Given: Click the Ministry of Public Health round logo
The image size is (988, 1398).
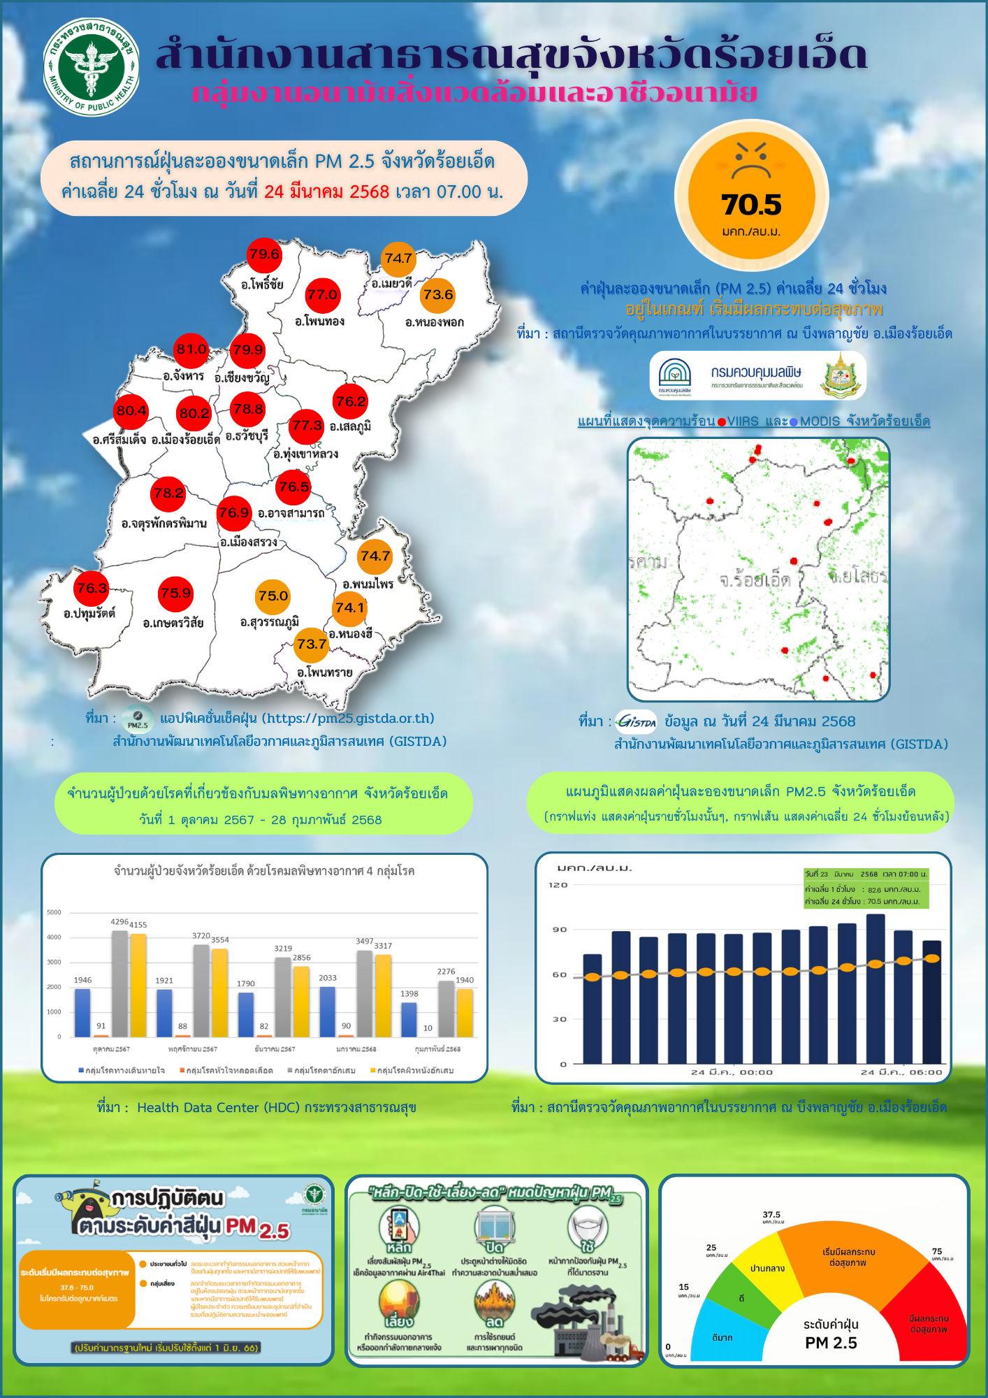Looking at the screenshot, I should pos(90,67).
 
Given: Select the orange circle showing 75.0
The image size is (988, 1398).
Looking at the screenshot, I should pos(273,597).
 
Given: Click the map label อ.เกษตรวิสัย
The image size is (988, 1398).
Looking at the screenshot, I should pos(173,623).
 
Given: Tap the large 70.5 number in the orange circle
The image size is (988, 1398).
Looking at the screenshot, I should pos(751,205).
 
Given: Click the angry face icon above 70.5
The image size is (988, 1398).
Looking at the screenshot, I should pos(751,159).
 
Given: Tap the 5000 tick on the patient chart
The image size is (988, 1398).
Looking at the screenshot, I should pos(55,912).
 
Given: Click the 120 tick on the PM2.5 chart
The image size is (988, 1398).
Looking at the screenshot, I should pos(558,885).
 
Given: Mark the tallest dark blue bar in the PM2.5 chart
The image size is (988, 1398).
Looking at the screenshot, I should pos(876,988).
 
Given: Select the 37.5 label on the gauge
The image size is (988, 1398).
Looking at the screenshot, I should pos(771,1216).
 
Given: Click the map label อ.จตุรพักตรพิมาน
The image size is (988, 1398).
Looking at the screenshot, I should pos(164,524).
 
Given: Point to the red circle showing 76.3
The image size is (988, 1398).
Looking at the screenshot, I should pos(92,589).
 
